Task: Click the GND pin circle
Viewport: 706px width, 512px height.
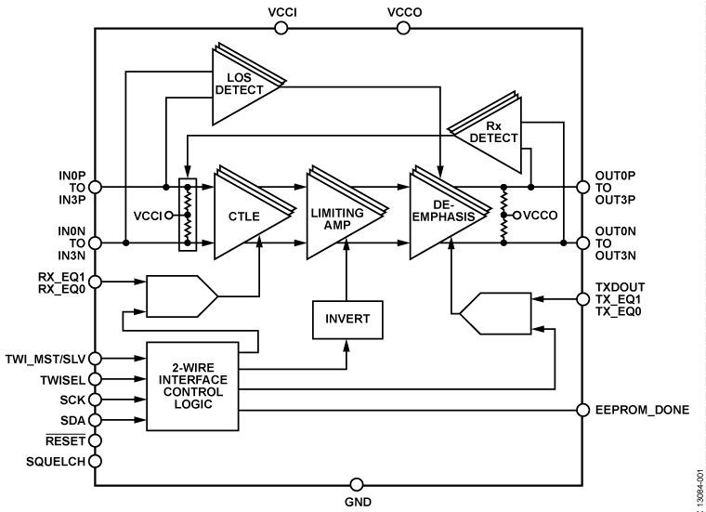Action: tap(356, 484)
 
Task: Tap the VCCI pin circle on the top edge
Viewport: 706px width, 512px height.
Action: tap(282, 29)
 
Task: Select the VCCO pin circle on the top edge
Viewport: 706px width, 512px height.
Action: tap(403, 29)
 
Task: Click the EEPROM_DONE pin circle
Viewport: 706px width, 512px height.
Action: tap(582, 410)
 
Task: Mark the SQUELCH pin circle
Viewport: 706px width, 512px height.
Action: tap(96, 459)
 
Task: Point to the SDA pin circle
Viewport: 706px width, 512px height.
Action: tap(96, 419)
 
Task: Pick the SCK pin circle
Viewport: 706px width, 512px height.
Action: tap(96, 400)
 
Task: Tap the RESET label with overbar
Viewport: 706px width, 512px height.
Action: tap(65, 440)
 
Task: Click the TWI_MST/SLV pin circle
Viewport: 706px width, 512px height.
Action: tap(96, 358)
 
